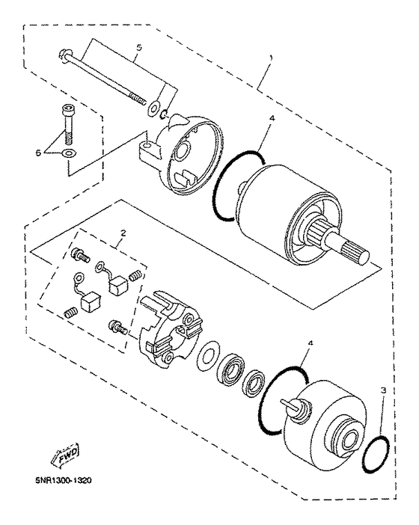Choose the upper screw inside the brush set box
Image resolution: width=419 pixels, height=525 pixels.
click(77, 254)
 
